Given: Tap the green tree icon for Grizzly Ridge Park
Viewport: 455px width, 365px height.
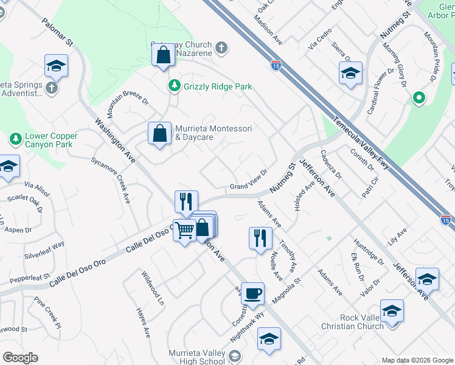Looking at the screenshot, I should [175, 86].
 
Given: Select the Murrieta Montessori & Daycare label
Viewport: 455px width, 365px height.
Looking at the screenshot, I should [213, 133].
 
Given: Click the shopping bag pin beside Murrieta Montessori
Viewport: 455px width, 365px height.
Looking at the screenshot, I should [159, 134].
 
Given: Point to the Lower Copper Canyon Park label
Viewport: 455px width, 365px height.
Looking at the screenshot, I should [51, 140].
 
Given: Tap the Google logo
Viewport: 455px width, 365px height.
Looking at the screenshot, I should [20, 358].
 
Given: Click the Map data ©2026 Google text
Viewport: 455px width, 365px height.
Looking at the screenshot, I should [417, 360].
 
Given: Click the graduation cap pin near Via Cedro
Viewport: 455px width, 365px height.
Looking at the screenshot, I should [350, 74].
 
